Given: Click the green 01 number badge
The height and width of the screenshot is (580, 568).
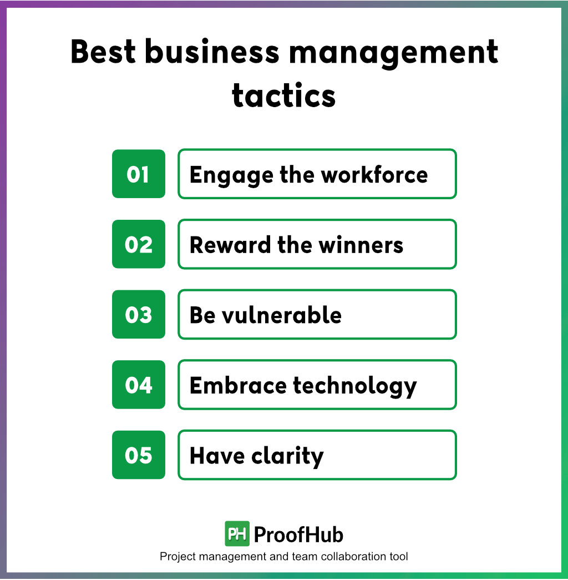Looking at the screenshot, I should pos(138,174).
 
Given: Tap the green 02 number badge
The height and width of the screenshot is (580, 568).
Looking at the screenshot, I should pos(138,244).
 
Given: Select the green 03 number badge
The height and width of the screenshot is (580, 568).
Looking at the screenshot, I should pos(138,315).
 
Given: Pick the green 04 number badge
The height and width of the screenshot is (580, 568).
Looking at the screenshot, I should pos(138,385).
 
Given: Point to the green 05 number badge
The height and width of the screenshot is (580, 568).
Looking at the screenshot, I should pos(138,455).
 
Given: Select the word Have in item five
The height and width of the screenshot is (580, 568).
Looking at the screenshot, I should pos(217,456).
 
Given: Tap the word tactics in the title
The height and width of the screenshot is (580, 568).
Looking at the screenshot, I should pos(283,95).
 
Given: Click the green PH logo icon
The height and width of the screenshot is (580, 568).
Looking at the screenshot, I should pos(237,534).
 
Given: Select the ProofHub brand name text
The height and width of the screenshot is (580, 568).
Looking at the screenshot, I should pos(298,534).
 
